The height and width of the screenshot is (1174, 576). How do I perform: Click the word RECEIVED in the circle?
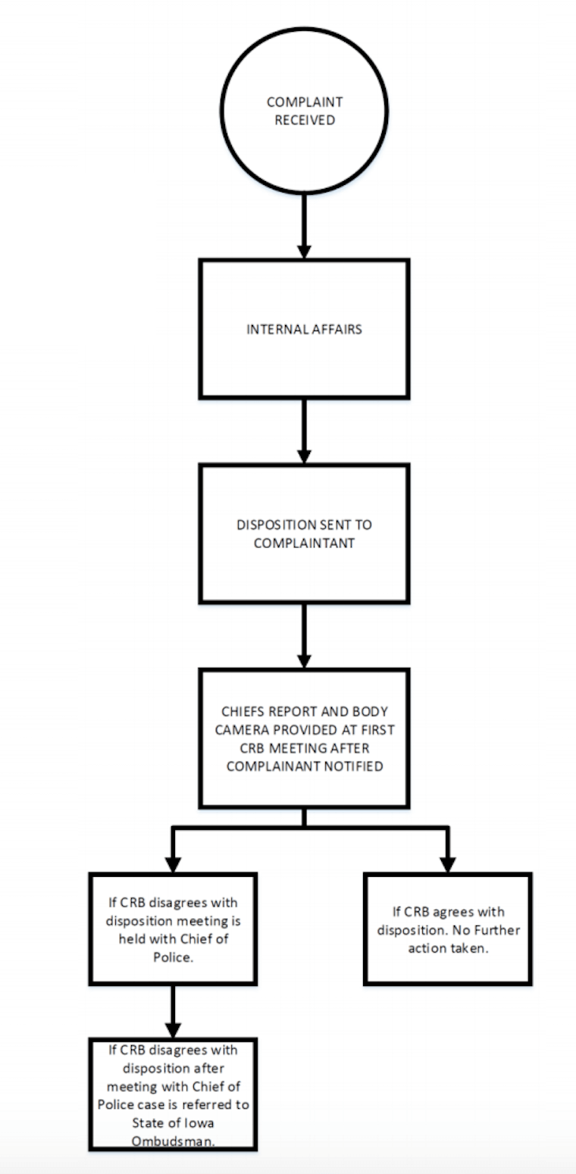(x=304, y=120)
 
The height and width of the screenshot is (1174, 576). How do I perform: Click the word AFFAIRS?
(x=335, y=330)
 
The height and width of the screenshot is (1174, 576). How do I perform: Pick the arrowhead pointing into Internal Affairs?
(x=304, y=250)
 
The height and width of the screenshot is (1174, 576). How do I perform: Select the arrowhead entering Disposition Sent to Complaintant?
(x=304, y=455)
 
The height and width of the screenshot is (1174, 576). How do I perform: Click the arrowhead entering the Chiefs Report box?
(x=304, y=659)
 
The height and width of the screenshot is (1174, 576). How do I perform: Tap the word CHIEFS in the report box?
(x=241, y=712)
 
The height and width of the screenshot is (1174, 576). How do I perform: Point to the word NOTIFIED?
(x=358, y=765)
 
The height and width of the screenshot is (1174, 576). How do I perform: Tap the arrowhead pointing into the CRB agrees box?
(x=448, y=863)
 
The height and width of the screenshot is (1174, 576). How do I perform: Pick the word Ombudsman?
(x=173, y=1141)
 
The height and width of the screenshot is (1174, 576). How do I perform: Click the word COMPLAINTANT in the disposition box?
(x=304, y=543)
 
